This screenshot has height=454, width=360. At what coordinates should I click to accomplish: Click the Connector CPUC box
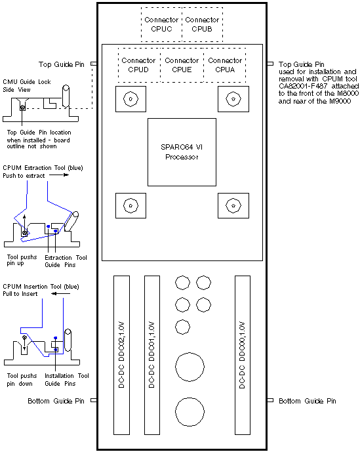tap(161, 24)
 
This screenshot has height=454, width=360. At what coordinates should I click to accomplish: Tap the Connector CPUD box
tap(138, 64)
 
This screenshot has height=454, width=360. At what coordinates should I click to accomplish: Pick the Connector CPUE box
tap(182, 64)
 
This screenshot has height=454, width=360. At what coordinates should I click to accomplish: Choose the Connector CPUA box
tap(224, 64)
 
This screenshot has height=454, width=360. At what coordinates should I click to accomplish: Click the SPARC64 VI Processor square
tap(182, 152)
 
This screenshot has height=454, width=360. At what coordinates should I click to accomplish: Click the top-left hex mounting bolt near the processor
tap(131, 100)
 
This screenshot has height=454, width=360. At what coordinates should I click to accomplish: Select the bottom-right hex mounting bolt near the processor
tap(231, 205)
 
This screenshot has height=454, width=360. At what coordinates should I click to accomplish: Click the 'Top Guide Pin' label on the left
tap(62, 64)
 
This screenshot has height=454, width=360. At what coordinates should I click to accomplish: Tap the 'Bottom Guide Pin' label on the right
tap(308, 401)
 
